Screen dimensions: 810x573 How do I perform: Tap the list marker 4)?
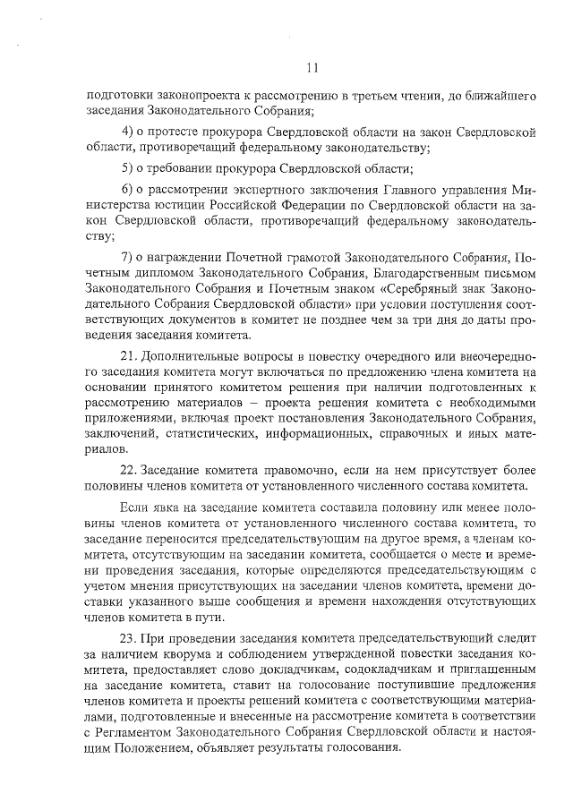pyautogui.click(x=127, y=132)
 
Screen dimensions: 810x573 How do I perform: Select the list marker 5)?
pyautogui.click(x=127, y=168)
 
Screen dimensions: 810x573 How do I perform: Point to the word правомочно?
pyautogui.click(x=295, y=469)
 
